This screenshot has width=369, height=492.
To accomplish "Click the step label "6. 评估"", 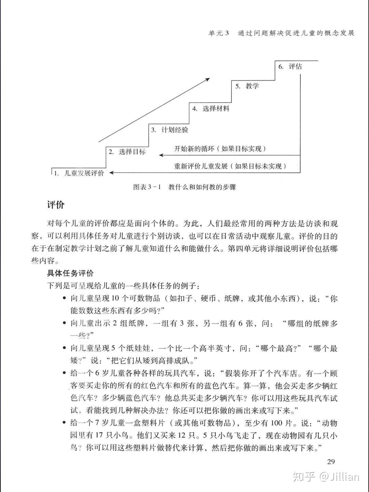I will tap(290, 66).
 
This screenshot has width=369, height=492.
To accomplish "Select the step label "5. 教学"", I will tap(247, 86).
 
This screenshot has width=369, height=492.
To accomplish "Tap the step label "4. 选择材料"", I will tap(210, 109).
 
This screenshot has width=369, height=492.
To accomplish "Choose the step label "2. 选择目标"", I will tap(127, 152).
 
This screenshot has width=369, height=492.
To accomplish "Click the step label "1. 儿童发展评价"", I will tap(79, 173).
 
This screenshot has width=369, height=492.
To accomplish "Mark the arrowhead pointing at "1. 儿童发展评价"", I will tap(111, 173).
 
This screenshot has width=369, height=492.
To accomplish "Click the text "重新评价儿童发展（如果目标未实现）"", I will tap(230, 166).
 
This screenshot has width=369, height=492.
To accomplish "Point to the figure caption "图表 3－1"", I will tap(147, 187).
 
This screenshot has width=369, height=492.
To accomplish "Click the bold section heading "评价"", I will tap(56, 205).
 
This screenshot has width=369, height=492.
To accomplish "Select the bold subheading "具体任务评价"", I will tap(70, 273).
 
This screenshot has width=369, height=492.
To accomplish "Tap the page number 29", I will tap(331, 462).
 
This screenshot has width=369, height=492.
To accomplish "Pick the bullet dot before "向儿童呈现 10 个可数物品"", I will tap(64, 298).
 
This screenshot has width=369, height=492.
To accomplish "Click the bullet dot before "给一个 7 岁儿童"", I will tap(64, 423).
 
